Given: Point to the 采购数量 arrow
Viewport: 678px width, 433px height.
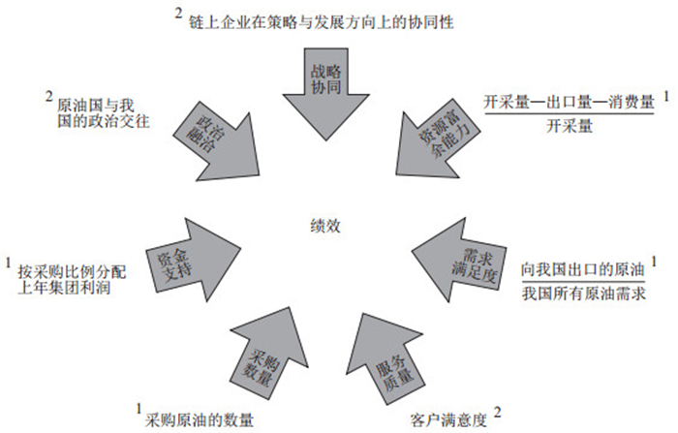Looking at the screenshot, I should tap(265, 355).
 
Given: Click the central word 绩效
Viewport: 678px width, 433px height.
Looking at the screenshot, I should tap(325, 230).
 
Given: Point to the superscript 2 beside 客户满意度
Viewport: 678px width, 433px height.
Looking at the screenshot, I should tap(498, 412).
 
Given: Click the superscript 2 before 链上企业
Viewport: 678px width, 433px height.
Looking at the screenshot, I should tap(178, 13).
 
